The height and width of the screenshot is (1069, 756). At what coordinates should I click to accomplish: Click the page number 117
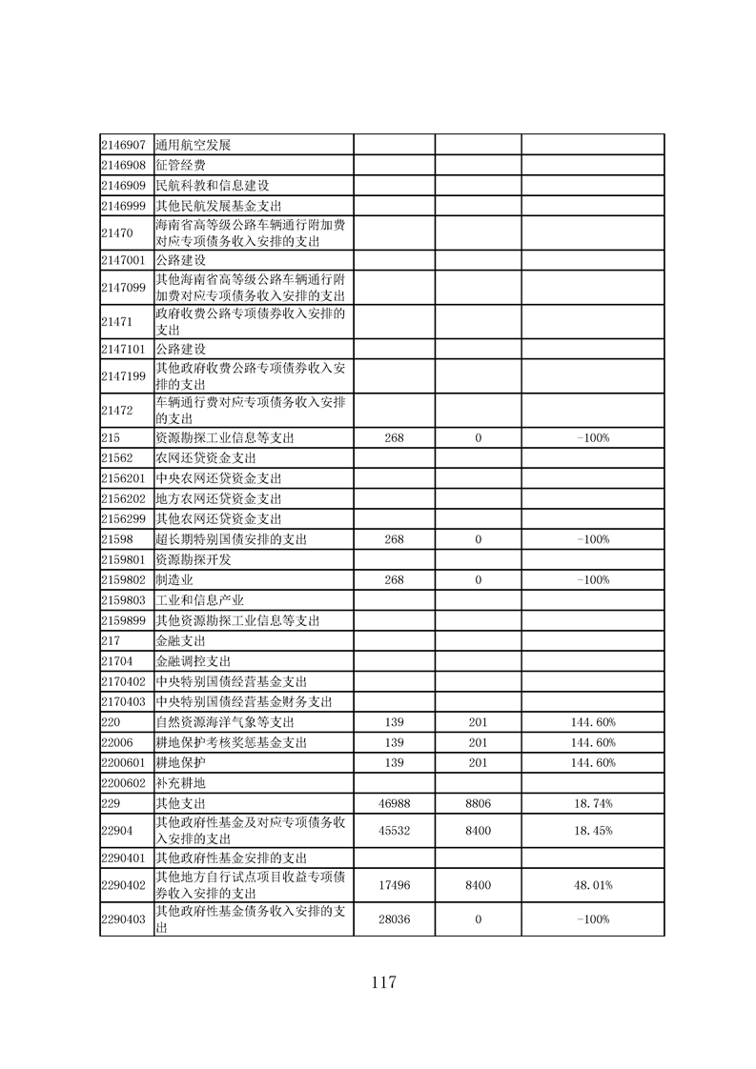pos(378,982)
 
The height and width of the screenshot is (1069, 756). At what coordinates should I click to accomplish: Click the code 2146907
pos(123,145)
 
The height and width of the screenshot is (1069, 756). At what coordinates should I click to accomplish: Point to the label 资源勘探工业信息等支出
pos(225,438)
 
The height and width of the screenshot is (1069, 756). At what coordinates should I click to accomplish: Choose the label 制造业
pos(174,579)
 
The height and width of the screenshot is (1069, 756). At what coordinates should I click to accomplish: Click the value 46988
pos(394,803)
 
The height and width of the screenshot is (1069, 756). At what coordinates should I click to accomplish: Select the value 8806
pos(478,803)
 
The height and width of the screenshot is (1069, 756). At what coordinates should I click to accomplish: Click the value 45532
pos(394,831)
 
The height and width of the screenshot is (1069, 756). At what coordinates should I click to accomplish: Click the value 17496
pos(394,885)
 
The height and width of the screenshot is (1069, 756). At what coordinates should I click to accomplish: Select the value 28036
pos(394,919)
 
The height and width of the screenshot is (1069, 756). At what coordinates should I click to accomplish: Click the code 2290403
pos(123,919)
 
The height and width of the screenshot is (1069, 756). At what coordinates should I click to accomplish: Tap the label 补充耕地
pos(180,782)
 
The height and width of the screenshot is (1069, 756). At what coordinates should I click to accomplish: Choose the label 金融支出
pos(180,641)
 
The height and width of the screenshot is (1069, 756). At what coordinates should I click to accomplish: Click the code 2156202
pos(123,498)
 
